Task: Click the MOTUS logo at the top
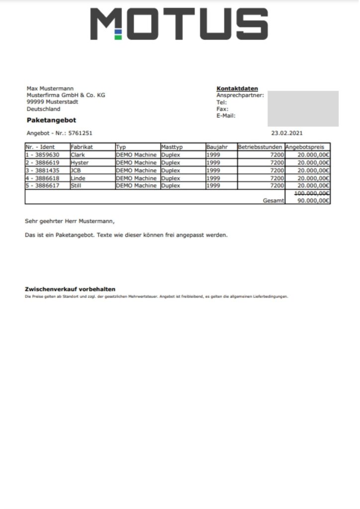pos(179,23)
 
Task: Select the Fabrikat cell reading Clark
pos(78,155)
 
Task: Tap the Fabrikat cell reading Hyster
pos(80,163)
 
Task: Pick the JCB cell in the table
pos(77,170)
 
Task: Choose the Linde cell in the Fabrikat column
pos(78,178)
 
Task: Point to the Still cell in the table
pos(77,185)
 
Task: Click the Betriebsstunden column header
pos(261,147)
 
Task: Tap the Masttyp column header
pos(172,147)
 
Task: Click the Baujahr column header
pos(217,147)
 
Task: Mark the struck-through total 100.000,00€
pos(312,193)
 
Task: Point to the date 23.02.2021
pos(286,133)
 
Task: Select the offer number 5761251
pos(80,133)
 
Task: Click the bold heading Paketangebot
pos(51,120)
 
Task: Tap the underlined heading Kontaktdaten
pos(237,88)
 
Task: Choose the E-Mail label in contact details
pos(226,116)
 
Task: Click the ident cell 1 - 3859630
pos(45,155)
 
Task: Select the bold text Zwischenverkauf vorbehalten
pos(70,289)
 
